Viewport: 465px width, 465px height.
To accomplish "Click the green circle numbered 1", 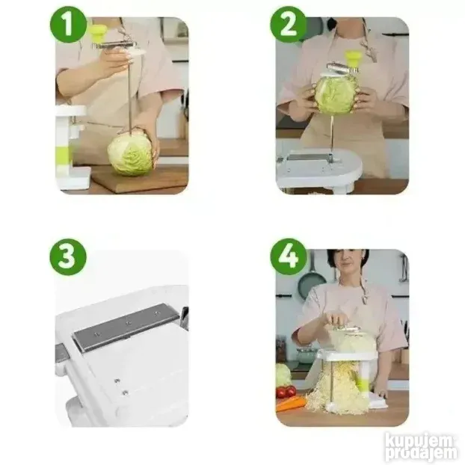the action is click(69, 25).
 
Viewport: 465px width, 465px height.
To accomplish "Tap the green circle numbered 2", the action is click(288, 25).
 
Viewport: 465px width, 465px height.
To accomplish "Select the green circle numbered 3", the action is click(68, 256).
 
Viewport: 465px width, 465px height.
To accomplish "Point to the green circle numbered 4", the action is click(289, 256).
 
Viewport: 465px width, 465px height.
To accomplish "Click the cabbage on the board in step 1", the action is click(129, 154).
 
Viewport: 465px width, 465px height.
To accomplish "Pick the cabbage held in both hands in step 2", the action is click(336, 95).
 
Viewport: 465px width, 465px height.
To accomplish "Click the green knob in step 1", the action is click(98, 33).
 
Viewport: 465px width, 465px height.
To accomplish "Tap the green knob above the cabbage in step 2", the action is click(352, 59).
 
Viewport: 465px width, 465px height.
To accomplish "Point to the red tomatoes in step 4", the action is click(286, 391).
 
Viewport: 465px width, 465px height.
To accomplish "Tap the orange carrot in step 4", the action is click(291, 404).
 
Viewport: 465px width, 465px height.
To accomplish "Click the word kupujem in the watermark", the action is click(419, 441).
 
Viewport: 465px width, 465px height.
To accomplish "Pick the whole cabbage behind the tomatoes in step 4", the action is click(283, 375).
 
